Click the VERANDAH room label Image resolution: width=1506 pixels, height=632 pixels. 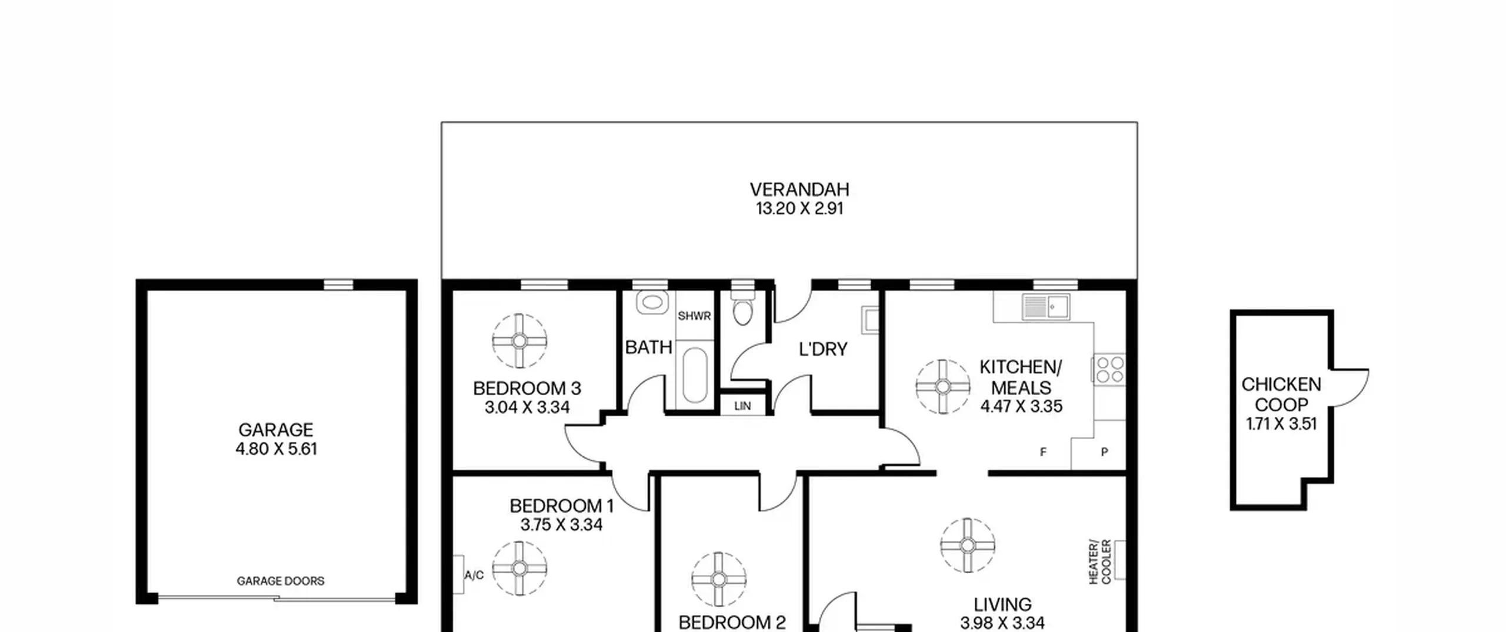tap(799, 189)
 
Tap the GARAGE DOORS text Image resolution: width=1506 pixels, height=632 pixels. tap(281, 581)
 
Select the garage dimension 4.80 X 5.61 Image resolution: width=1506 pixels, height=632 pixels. tap(276, 449)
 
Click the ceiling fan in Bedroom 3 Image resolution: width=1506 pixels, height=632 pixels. tap(519, 341)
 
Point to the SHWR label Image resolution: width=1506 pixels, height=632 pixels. tap(694, 316)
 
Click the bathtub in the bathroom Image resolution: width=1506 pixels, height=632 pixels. tap(695, 375)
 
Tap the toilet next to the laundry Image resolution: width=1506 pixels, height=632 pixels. tap(743, 307)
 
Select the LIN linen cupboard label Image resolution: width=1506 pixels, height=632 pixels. tap(742, 406)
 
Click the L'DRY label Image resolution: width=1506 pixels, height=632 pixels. tap(823, 349)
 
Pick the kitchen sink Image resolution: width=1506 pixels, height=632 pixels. tap(1046, 306)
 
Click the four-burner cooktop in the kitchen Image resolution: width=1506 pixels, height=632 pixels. tap(1109, 369)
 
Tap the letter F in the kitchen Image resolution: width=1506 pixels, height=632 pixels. tap(1043, 452)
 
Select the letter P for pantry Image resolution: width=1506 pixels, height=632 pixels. tap(1104, 452)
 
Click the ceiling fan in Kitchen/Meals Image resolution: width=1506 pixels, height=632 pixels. tap(943, 387)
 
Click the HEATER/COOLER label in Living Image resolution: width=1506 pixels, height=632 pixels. tap(1099, 562)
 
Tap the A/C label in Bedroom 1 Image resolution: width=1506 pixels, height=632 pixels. tap(474, 574)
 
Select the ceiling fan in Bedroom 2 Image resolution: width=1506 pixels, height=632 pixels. tap(718, 580)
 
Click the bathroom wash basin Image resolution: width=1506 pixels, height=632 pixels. tap(651, 303)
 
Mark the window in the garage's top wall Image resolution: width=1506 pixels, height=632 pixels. tap(339, 285)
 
